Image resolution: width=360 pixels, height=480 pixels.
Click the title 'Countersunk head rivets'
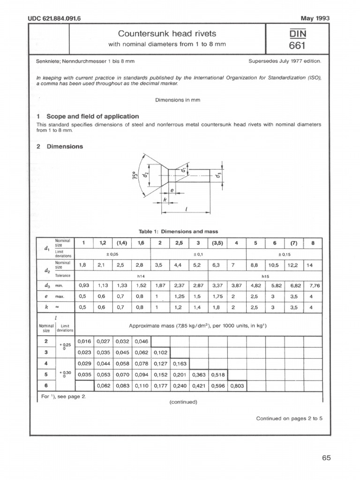[167, 34]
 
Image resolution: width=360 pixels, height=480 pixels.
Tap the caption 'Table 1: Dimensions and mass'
[178, 232]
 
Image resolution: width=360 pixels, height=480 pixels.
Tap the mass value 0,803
[237, 386]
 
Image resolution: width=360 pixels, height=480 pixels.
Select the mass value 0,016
[84, 341]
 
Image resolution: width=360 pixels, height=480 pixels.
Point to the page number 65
[326, 458]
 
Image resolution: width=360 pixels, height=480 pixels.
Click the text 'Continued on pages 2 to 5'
[289, 418]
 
